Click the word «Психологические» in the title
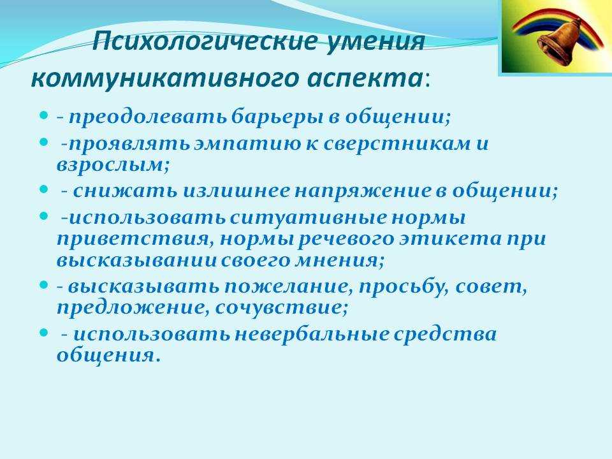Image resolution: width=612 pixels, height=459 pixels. (204, 41)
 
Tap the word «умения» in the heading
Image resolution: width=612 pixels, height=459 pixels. (375, 41)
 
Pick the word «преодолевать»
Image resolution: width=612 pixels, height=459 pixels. (148, 117)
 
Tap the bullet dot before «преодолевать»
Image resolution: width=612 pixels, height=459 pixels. (44, 116)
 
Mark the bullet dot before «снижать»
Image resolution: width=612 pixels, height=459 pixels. (44, 190)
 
